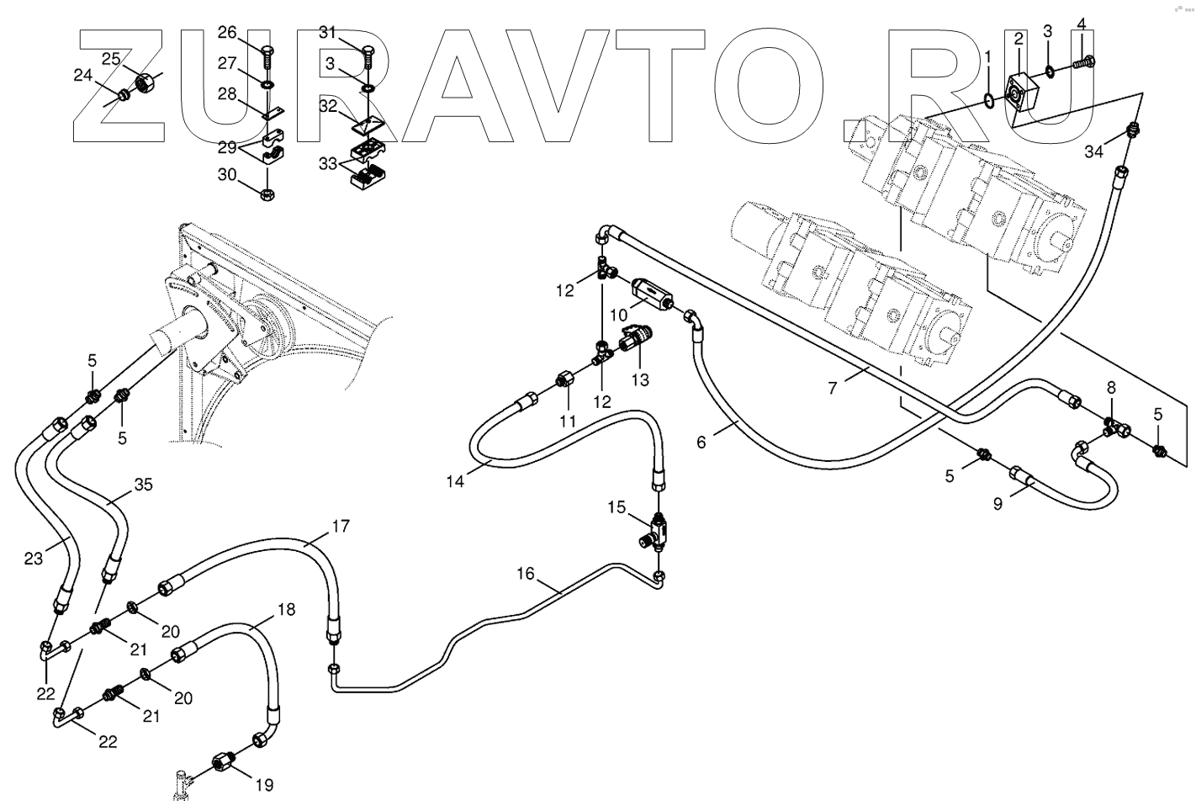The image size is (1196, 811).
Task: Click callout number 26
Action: pyautogui.click(x=227, y=33)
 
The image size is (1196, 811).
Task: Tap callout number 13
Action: pyautogui.click(x=640, y=379)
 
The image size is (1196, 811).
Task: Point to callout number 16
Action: pyautogui.click(x=526, y=574)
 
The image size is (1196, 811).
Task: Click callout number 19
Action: pyautogui.click(x=264, y=785)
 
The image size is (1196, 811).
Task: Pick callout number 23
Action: pyautogui.click(x=34, y=558)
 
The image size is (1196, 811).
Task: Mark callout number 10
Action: pyautogui.click(x=618, y=315)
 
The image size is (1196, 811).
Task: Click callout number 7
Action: pyautogui.click(x=832, y=388)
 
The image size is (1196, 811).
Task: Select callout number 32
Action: pyautogui.click(x=327, y=106)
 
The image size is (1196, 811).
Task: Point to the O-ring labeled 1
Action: pyautogui.click(x=990, y=102)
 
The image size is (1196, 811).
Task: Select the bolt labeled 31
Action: pyautogui.click(x=368, y=55)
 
